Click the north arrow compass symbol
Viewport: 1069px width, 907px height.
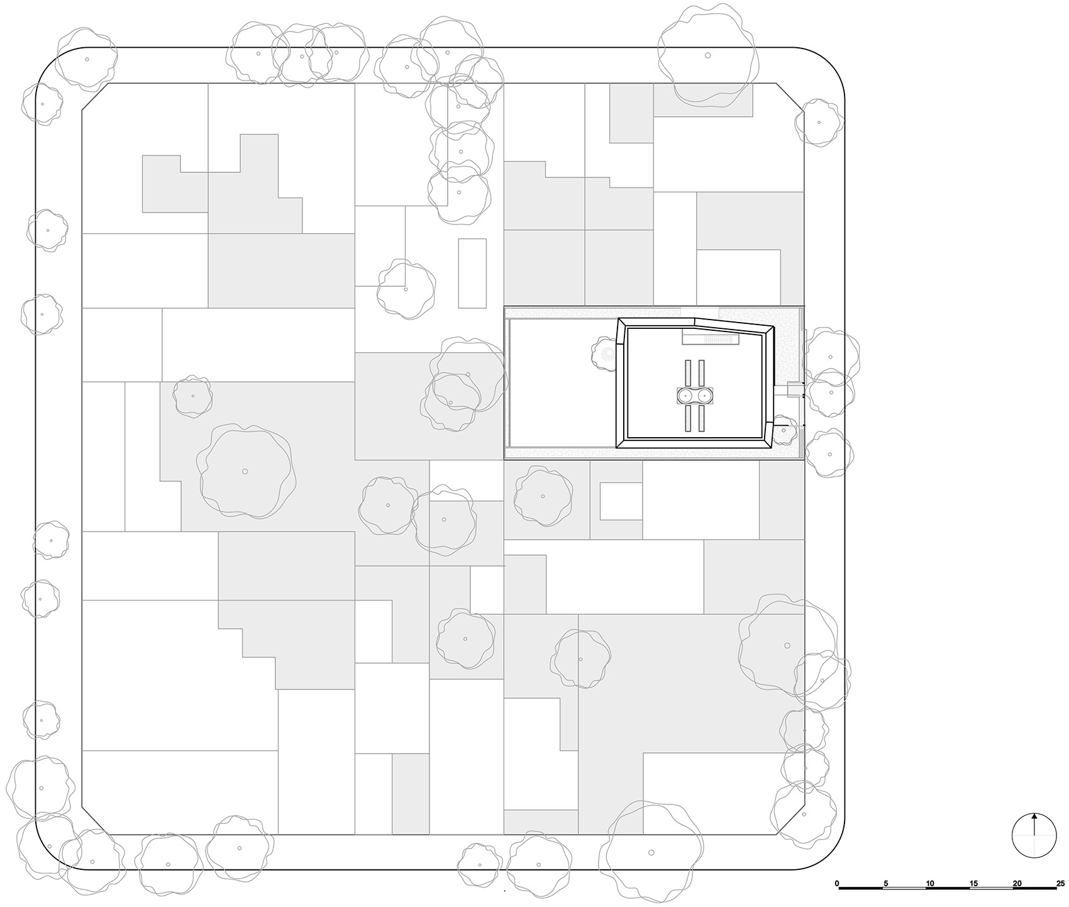point(1034,835)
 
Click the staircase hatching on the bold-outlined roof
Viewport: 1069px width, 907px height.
point(718,340)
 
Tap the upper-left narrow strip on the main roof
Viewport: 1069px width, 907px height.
point(687,373)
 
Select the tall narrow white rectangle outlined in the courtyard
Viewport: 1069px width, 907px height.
point(472,273)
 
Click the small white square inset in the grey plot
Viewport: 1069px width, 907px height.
point(621,501)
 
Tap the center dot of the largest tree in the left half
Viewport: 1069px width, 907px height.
point(245,471)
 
